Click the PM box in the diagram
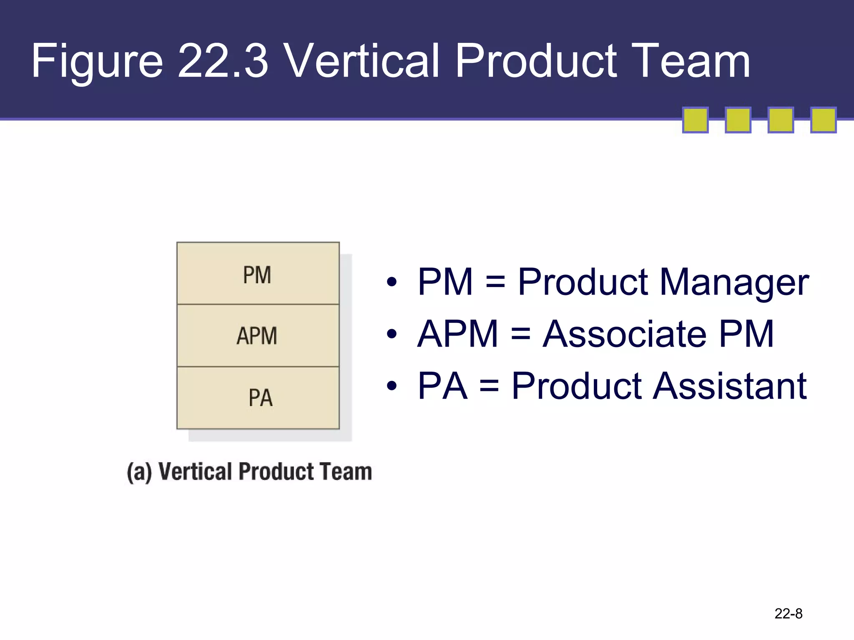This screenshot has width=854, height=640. coord(258,274)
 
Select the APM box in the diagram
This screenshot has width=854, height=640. coord(258,335)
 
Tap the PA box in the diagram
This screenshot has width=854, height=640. coord(258,397)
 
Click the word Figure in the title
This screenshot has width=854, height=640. coord(97,62)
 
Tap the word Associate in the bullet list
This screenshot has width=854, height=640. coord(624,334)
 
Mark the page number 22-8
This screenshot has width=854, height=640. coord(788,613)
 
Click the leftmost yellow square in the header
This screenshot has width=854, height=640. coord(695,120)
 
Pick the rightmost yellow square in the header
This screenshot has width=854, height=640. coord(823,120)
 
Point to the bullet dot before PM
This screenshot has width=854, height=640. coord(391,282)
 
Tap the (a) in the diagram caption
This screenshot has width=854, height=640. coord(139,472)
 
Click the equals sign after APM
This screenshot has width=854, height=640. coord(520,334)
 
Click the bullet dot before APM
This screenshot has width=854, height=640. coord(391,334)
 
